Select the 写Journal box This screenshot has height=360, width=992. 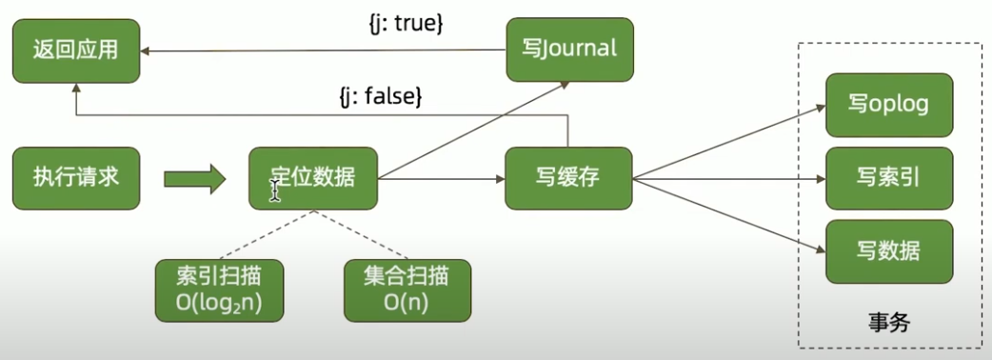click(x=569, y=49)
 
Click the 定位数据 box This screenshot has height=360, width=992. click(x=313, y=177)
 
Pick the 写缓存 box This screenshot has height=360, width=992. click(x=569, y=177)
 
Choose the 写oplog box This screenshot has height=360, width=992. click(x=888, y=103)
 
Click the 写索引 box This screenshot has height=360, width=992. click(x=888, y=177)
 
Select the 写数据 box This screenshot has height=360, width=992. click(x=888, y=250)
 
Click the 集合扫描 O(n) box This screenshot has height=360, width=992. click(x=407, y=290)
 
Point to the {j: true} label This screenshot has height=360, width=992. click(x=407, y=21)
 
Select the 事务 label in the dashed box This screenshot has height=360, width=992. click(x=889, y=322)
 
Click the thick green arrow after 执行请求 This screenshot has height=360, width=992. click(x=194, y=177)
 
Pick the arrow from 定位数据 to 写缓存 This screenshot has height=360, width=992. click(x=443, y=177)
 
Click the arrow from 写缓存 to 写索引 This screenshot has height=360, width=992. click(x=728, y=177)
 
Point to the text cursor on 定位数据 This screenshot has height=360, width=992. click(x=275, y=191)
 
